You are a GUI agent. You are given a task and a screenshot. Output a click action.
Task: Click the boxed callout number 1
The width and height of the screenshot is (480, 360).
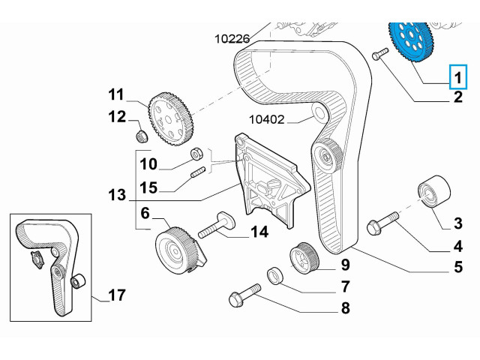tap(456, 75)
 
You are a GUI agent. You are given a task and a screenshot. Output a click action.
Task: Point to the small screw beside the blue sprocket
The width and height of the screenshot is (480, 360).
tap(378, 53)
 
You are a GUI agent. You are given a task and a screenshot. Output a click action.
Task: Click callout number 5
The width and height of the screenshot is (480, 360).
tap(457, 266)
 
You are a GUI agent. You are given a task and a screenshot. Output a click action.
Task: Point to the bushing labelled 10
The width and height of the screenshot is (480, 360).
tap(197, 154)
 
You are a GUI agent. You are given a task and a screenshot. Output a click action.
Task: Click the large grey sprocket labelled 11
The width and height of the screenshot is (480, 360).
tap(172, 120)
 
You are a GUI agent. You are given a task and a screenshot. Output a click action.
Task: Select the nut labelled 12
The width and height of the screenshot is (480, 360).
tap(139, 135)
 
